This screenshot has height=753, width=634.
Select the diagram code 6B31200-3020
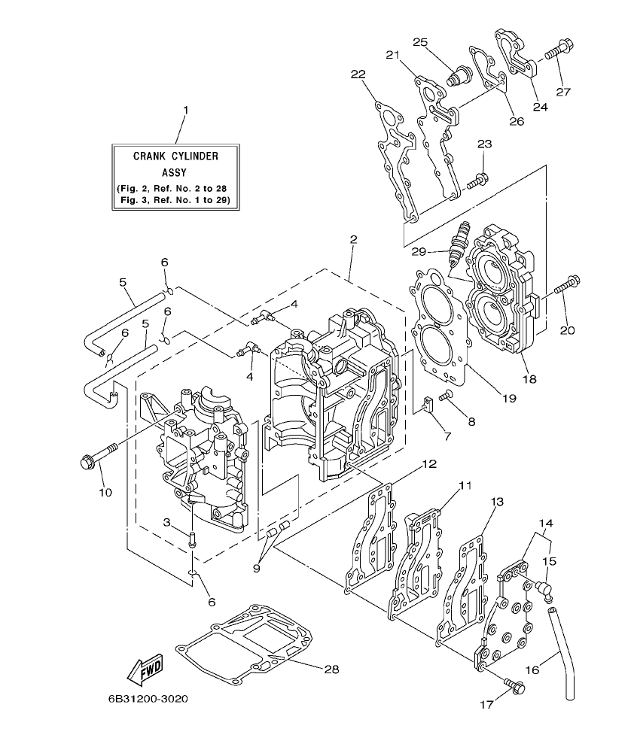pyautogui.click(x=148, y=699)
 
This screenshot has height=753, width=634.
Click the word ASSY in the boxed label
pyautogui.click(x=175, y=171)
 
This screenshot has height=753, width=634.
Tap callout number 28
pyautogui.click(x=331, y=669)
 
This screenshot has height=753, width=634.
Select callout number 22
pyautogui.click(x=358, y=74)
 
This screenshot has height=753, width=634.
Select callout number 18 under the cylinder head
pyautogui.click(x=530, y=380)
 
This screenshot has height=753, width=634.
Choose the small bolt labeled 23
pyautogui.click(x=477, y=180)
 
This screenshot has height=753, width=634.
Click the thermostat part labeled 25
pyautogui.click(x=457, y=75)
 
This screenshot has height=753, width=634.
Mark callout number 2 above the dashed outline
pyautogui.click(x=353, y=240)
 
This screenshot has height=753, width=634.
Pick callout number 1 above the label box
pyautogui.click(x=185, y=111)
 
